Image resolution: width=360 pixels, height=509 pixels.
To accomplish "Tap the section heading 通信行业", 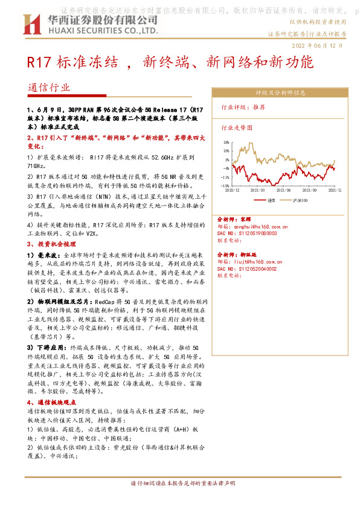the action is [x=49, y=86].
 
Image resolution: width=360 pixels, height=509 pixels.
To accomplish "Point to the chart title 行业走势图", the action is [x=236, y=128].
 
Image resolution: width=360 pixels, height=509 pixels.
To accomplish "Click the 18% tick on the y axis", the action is [x=226, y=143].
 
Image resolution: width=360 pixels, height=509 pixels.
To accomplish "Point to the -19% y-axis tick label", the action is [x=225, y=186].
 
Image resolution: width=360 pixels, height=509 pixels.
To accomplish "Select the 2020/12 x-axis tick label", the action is [x=233, y=190].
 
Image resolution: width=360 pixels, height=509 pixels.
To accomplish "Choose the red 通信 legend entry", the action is [x=266, y=199].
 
